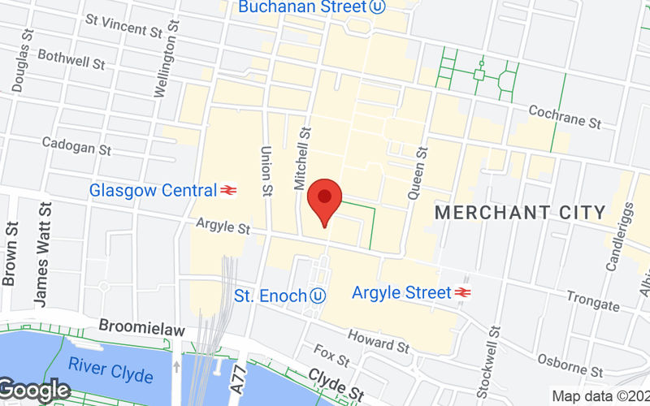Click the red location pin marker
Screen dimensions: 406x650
point(325,200)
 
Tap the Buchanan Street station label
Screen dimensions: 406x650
point(301,7)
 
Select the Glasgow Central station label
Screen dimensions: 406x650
point(153,191)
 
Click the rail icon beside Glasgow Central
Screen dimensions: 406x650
point(228,191)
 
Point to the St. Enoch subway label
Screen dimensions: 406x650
point(271,296)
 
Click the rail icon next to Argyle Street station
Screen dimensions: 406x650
point(464,292)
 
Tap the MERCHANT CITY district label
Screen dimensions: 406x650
point(521,213)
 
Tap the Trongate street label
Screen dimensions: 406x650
point(593,300)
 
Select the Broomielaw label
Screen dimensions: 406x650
point(141,329)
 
